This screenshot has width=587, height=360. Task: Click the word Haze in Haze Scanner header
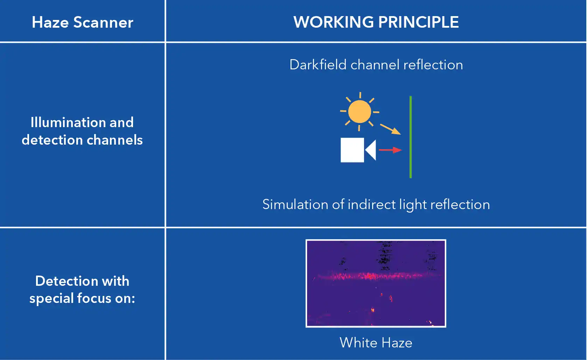pyautogui.click(x=50, y=22)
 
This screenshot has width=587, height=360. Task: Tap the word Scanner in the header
pyautogui.click(x=103, y=22)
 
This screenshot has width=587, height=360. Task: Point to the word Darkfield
pyautogui.click(x=318, y=64)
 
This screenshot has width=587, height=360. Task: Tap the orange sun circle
pyautogui.click(x=359, y=111)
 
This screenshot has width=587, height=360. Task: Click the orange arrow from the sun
pyautogui.click(x=391, y=129)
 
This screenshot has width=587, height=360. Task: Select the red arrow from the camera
pyautogui.click(x=391, y=150)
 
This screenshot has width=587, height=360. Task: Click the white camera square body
pyautogui.click(x=352, y=150)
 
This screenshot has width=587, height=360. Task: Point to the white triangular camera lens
pyautogui.click(x=371, y=150)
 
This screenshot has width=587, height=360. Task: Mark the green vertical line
pyautogui.click(x=411, y=137)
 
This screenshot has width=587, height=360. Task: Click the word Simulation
pyautogui.click(x=295, y=204)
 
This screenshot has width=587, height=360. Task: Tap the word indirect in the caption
pyautogui.click(x=372, y=204)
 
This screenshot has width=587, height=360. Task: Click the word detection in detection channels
pyautogui.click(x=52, y=140)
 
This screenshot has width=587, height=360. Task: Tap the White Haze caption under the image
pyautogui.click(x=376, y=342)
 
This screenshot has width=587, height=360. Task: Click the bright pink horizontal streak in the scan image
pyautogui.click(x=376, y=276)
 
